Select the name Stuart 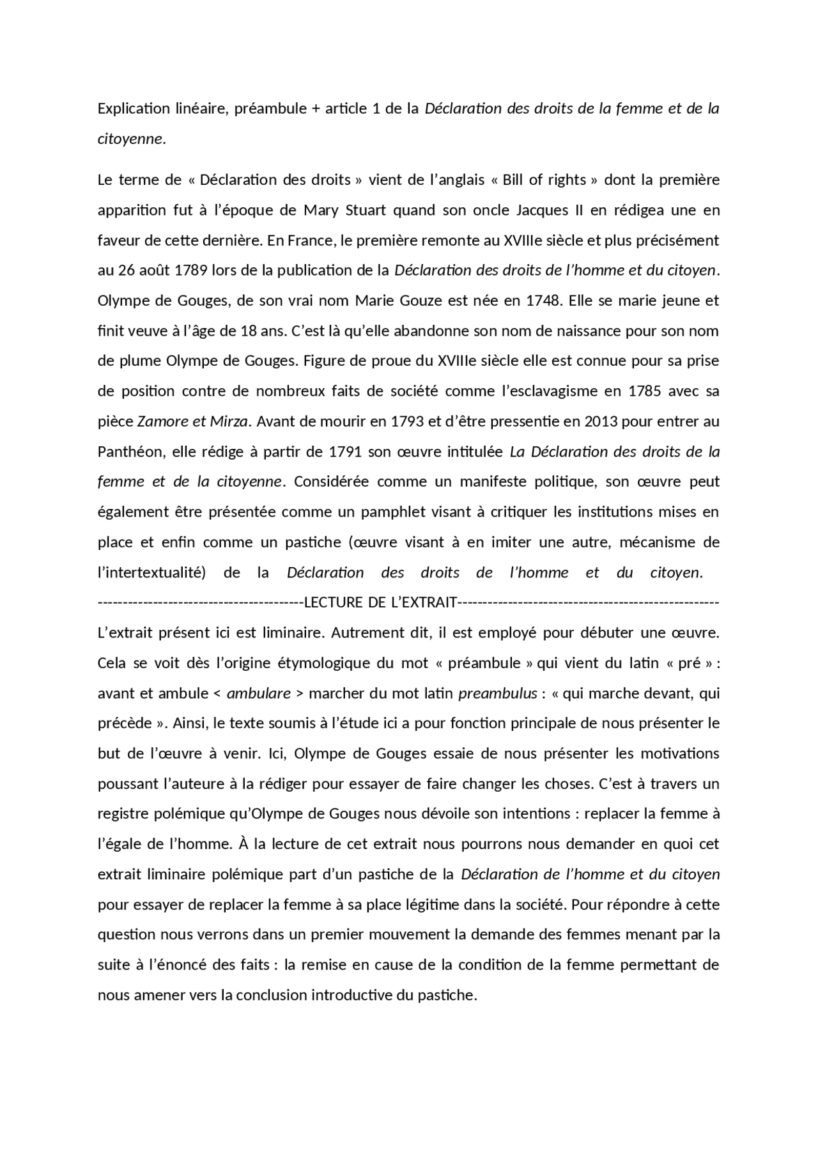pyautogui.click(x=387, y=210)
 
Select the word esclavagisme pyautogui.click(x=561, y=391)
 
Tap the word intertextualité pyautogui.click(x=151, y=573)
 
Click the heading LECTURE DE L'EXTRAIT pyautogui.click(x=381, y=602)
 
